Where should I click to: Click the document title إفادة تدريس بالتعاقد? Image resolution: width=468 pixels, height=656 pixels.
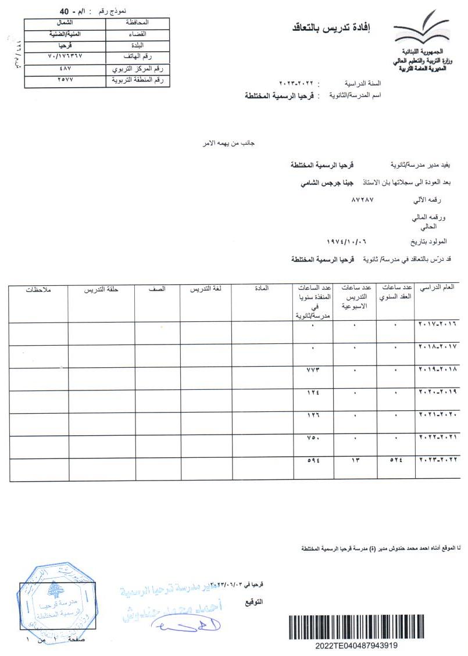click(337, 27)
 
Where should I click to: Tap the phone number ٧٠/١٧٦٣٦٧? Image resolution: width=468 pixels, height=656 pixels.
click(65, 56)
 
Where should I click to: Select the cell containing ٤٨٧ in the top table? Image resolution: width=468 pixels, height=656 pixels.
click(65, 69)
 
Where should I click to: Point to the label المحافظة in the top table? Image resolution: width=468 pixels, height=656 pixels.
click(137, 22)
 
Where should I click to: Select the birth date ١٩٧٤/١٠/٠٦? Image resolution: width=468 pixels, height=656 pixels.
click(348, 240)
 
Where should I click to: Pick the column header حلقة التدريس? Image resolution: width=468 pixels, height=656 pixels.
click(102, 289)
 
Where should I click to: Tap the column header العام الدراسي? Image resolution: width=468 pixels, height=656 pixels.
click(437, 288)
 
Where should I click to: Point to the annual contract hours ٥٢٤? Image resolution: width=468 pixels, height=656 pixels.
click(395, 461)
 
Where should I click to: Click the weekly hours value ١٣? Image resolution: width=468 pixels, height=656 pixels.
click(354, 461)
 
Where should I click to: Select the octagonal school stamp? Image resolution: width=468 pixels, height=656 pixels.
click(56, 600)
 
